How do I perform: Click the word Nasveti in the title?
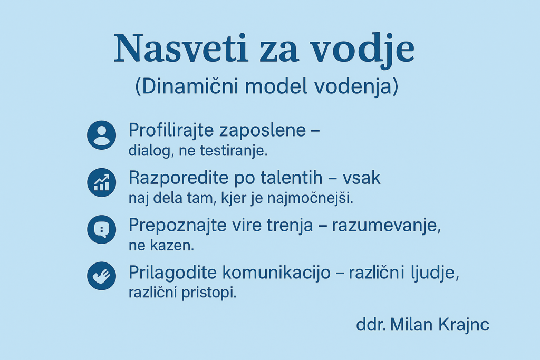pyautogui.click(x=181, y=48)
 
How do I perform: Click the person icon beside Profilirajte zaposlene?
pyautogui.click(x=102, y=135)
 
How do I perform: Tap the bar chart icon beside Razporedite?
pyautogui.click(x=102, y=182)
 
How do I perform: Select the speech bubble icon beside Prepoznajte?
pyautogui.click(x=102, y=230)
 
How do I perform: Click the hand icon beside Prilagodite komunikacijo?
pyautogui.click(x=102, y=276)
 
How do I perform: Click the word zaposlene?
pyautogui.click(x=263, y=130)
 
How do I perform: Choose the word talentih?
pyautogui.click(x=291, y=178)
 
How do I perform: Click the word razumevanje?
pyautogui.click(x=386, y=226)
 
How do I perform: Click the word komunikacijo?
pyautogui.click(x=276, y=273)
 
